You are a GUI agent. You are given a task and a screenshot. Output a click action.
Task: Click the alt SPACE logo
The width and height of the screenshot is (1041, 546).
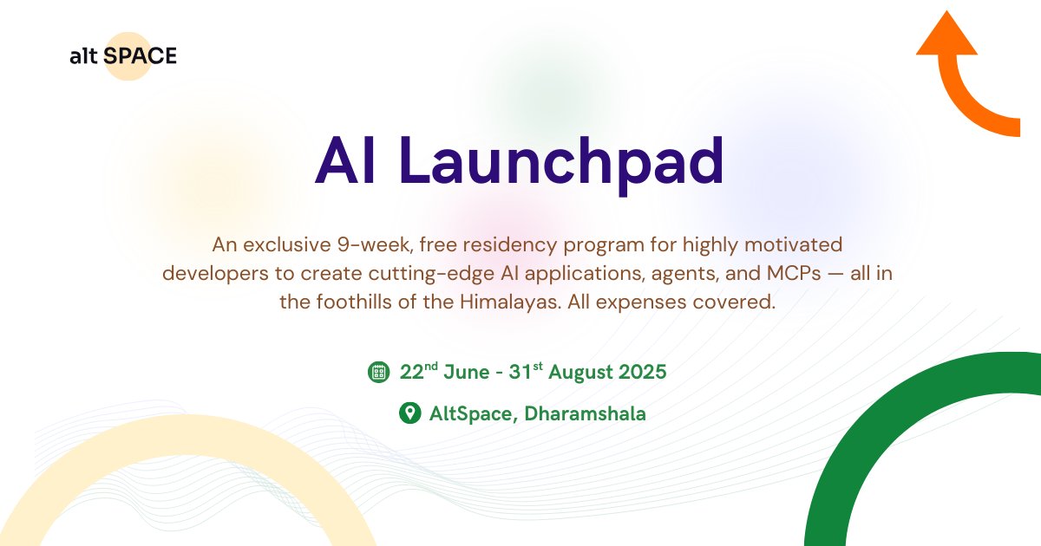point(122,56)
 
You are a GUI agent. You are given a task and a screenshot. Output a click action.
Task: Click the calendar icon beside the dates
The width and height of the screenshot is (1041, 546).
point(377,373)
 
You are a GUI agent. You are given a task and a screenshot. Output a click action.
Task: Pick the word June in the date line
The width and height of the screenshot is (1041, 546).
point(467,373)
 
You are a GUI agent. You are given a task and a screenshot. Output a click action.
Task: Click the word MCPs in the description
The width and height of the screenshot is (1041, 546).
point(788,274)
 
